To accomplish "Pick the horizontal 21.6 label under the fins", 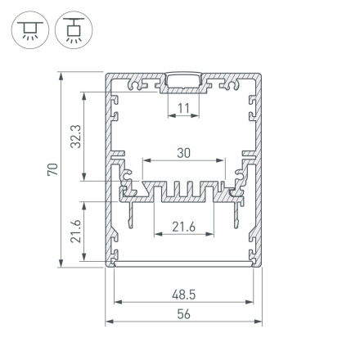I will (183, 227).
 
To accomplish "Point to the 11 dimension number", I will (183, 107).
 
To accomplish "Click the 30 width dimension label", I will (183, 153).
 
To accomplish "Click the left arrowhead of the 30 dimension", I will (146, 163).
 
